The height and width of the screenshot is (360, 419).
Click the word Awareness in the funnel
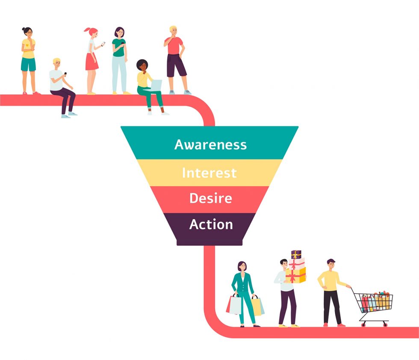(x=210, y=144)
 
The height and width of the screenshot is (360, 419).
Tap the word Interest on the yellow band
(x=209, y=173)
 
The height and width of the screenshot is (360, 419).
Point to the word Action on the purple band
(x=211, y=225)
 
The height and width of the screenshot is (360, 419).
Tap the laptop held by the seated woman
(x=156, y=85)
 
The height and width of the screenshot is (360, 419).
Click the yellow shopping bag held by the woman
(x=257, y=306)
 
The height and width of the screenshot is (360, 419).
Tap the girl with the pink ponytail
(x=91, y=60)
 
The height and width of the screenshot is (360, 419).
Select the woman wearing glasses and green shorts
(x=28, y=60)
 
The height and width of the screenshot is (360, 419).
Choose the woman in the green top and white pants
(x=119, y=60)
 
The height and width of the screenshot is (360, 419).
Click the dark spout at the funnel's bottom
(x=209, y=243)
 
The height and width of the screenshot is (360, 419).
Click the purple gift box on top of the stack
(x=296, y=255)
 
